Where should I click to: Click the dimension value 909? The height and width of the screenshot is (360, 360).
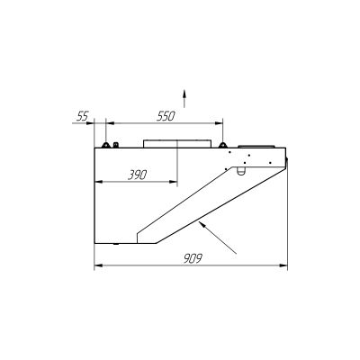pos(193,258)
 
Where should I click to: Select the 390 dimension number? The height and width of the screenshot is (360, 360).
pos(138,175)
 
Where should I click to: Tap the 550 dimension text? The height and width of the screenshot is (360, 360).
pos(166,116)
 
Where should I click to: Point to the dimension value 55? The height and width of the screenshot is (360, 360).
pos(83,116)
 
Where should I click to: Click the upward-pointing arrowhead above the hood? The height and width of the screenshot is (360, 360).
pos(184,93)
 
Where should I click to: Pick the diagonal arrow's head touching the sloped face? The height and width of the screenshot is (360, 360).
pos(202,224)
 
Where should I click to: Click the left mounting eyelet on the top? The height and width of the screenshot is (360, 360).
pos(105,145)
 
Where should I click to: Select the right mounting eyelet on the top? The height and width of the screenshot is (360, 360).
pos(222,145)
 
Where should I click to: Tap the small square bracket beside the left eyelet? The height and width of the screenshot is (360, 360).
pos(115,145)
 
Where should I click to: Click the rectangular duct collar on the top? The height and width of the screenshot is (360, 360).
pos(177,144)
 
